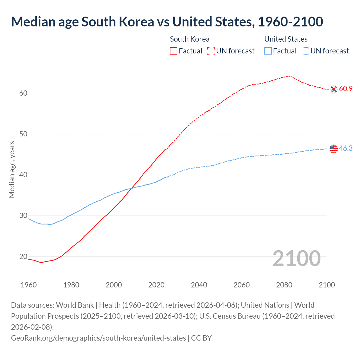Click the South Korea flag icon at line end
[x=334, y=89]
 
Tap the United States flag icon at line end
[x=334, y=148]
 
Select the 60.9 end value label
[x=346, y=89]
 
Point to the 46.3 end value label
[x=346, y=148]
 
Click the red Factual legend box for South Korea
[x=174, y=51]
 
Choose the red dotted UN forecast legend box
[x=211, y=51]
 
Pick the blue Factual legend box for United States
[x=268, y=51]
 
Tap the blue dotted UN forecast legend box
[x=305, y=51]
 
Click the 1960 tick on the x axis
[x=29, y=285]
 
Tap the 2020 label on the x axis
[x=156, y=285]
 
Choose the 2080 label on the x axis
[x=284, y=285]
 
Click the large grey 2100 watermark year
[x=296, y=258]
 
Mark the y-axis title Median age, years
[x=12, y=170]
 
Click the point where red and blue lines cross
[x=131, y=188]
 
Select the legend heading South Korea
[x=190, y=39]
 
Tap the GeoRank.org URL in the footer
[x=98, y=338]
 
